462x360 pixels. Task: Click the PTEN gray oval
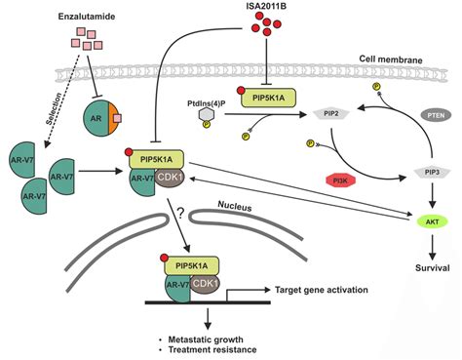click(432, 115)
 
